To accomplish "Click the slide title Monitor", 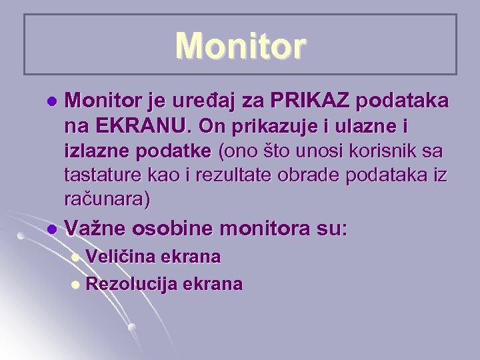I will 241,46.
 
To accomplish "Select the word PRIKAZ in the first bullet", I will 313,102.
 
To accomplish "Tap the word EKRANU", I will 138,126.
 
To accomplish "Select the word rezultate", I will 235,175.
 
